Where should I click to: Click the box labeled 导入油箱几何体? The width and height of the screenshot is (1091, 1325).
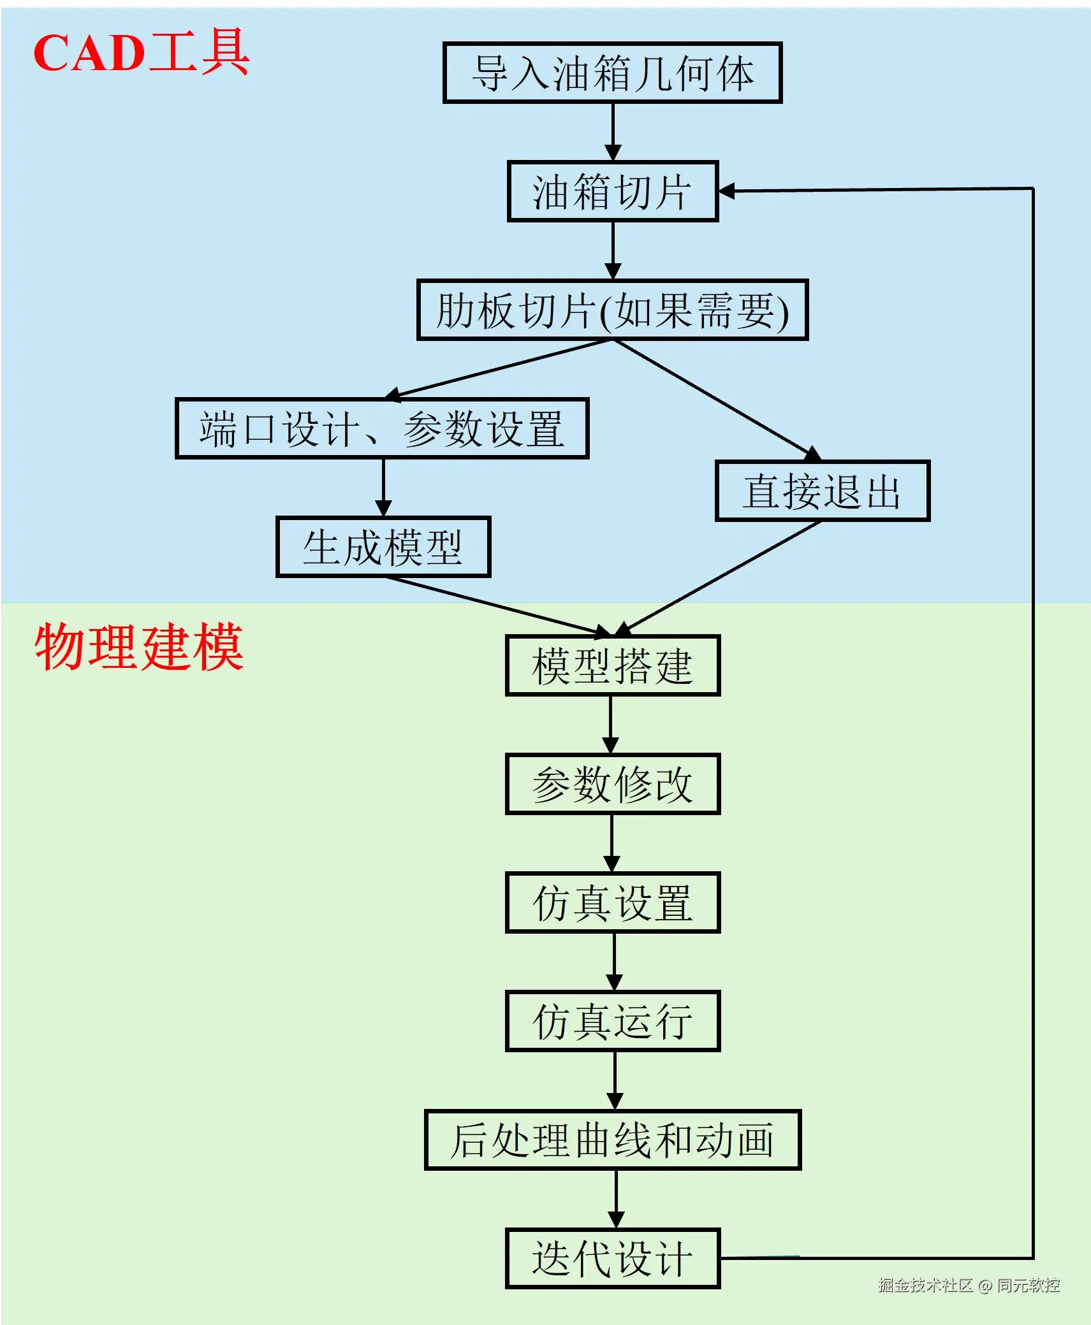coord(612,73)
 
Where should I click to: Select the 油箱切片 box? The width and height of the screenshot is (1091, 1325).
coord(612,191)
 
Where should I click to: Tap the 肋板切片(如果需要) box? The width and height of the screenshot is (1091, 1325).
coord(612,310)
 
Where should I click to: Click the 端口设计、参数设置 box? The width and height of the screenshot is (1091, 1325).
coord(381,428)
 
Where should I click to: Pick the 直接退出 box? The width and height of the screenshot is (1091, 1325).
coord(822,491)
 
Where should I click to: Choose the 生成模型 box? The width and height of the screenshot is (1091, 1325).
coord(383,547)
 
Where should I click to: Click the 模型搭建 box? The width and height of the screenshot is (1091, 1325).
coord(612,665)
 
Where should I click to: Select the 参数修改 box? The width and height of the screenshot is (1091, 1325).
coord(612,784)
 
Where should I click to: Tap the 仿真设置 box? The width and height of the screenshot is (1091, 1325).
coord(612,902)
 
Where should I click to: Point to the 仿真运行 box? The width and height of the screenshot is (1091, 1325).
coord(612,1021)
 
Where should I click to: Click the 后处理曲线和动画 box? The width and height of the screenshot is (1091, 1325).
coord(612,1140)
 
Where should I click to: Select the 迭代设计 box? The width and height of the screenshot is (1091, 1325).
coord(612,1258)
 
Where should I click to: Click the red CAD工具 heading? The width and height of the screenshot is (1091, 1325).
coord(141,52)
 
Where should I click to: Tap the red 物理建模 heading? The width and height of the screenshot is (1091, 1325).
coord(139,647)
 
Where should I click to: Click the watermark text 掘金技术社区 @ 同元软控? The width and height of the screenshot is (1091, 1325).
coord(968,1285)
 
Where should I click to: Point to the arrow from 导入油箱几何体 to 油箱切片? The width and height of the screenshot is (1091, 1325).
coord(613,131)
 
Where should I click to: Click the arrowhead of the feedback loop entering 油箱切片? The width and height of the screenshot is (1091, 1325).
coord(727,191)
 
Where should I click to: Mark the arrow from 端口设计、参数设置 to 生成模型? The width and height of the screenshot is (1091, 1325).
coord(383,487)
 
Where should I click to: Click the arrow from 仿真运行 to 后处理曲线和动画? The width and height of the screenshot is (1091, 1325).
coord(615,1080)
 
